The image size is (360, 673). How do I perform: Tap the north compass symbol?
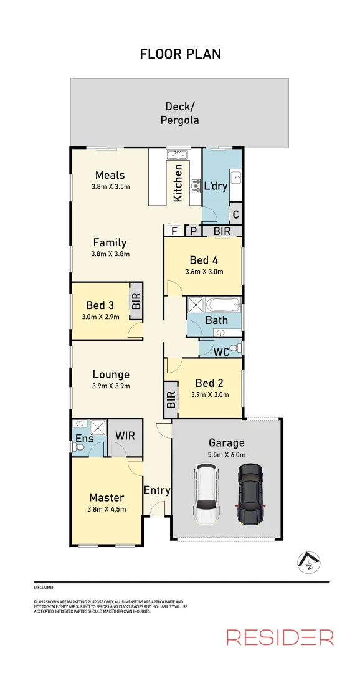[x=310, y=563]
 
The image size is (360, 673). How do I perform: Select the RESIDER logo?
[x=280, y=637]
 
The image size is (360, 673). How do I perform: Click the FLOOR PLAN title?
[x=180, y=54]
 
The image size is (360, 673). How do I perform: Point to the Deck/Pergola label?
[x=179, y=113]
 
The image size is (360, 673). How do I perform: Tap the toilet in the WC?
[x=233, y=348]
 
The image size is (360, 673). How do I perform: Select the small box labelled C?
[x=235, y=215]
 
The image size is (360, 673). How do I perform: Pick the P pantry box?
[x=193, y=231]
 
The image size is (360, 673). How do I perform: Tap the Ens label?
[x=84, y=438]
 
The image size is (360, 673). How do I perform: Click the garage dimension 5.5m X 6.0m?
[x=226, y=455]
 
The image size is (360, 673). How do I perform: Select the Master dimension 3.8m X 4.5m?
[x=107, y=509]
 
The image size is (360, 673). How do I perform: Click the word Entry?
[x=157, y=490]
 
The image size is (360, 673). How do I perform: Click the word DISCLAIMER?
[x=44, y=588]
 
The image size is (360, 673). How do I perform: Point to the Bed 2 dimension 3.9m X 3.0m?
[x=209, y=394]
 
